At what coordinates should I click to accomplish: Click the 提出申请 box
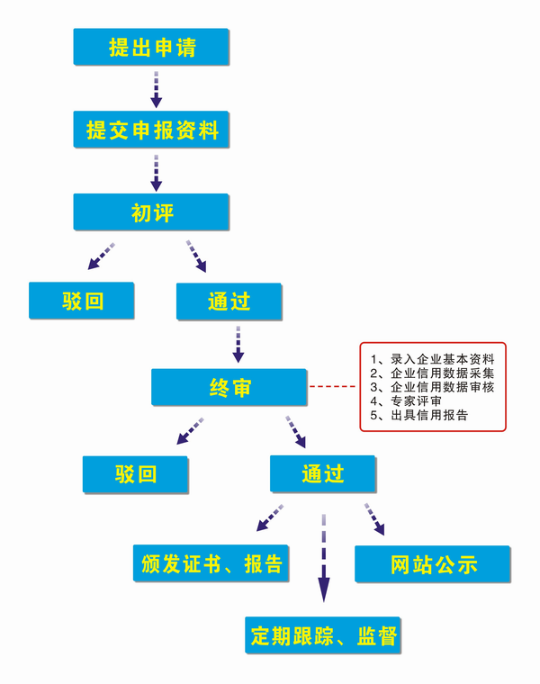point(151,47)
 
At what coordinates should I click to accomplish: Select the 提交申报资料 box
point(151,130)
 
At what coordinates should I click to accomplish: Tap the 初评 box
point(151,212)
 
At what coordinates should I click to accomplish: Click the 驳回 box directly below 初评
point(82,301)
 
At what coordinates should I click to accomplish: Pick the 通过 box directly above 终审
point(229,301)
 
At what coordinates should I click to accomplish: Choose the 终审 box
point(229,387)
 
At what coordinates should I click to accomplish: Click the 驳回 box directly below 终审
point(135,473)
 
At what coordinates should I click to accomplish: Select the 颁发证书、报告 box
point(211,564)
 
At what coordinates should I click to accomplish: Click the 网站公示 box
point(433,564)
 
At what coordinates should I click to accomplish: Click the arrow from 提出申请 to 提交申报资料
point(157,87)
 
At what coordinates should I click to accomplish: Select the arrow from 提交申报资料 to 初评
point(157,172)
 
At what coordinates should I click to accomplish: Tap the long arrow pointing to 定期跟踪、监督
point(323,558)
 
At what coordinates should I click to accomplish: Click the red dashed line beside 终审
point(332,387)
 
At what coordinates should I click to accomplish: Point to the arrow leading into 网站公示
point(374,519)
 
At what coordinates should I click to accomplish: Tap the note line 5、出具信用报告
point(418,415)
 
